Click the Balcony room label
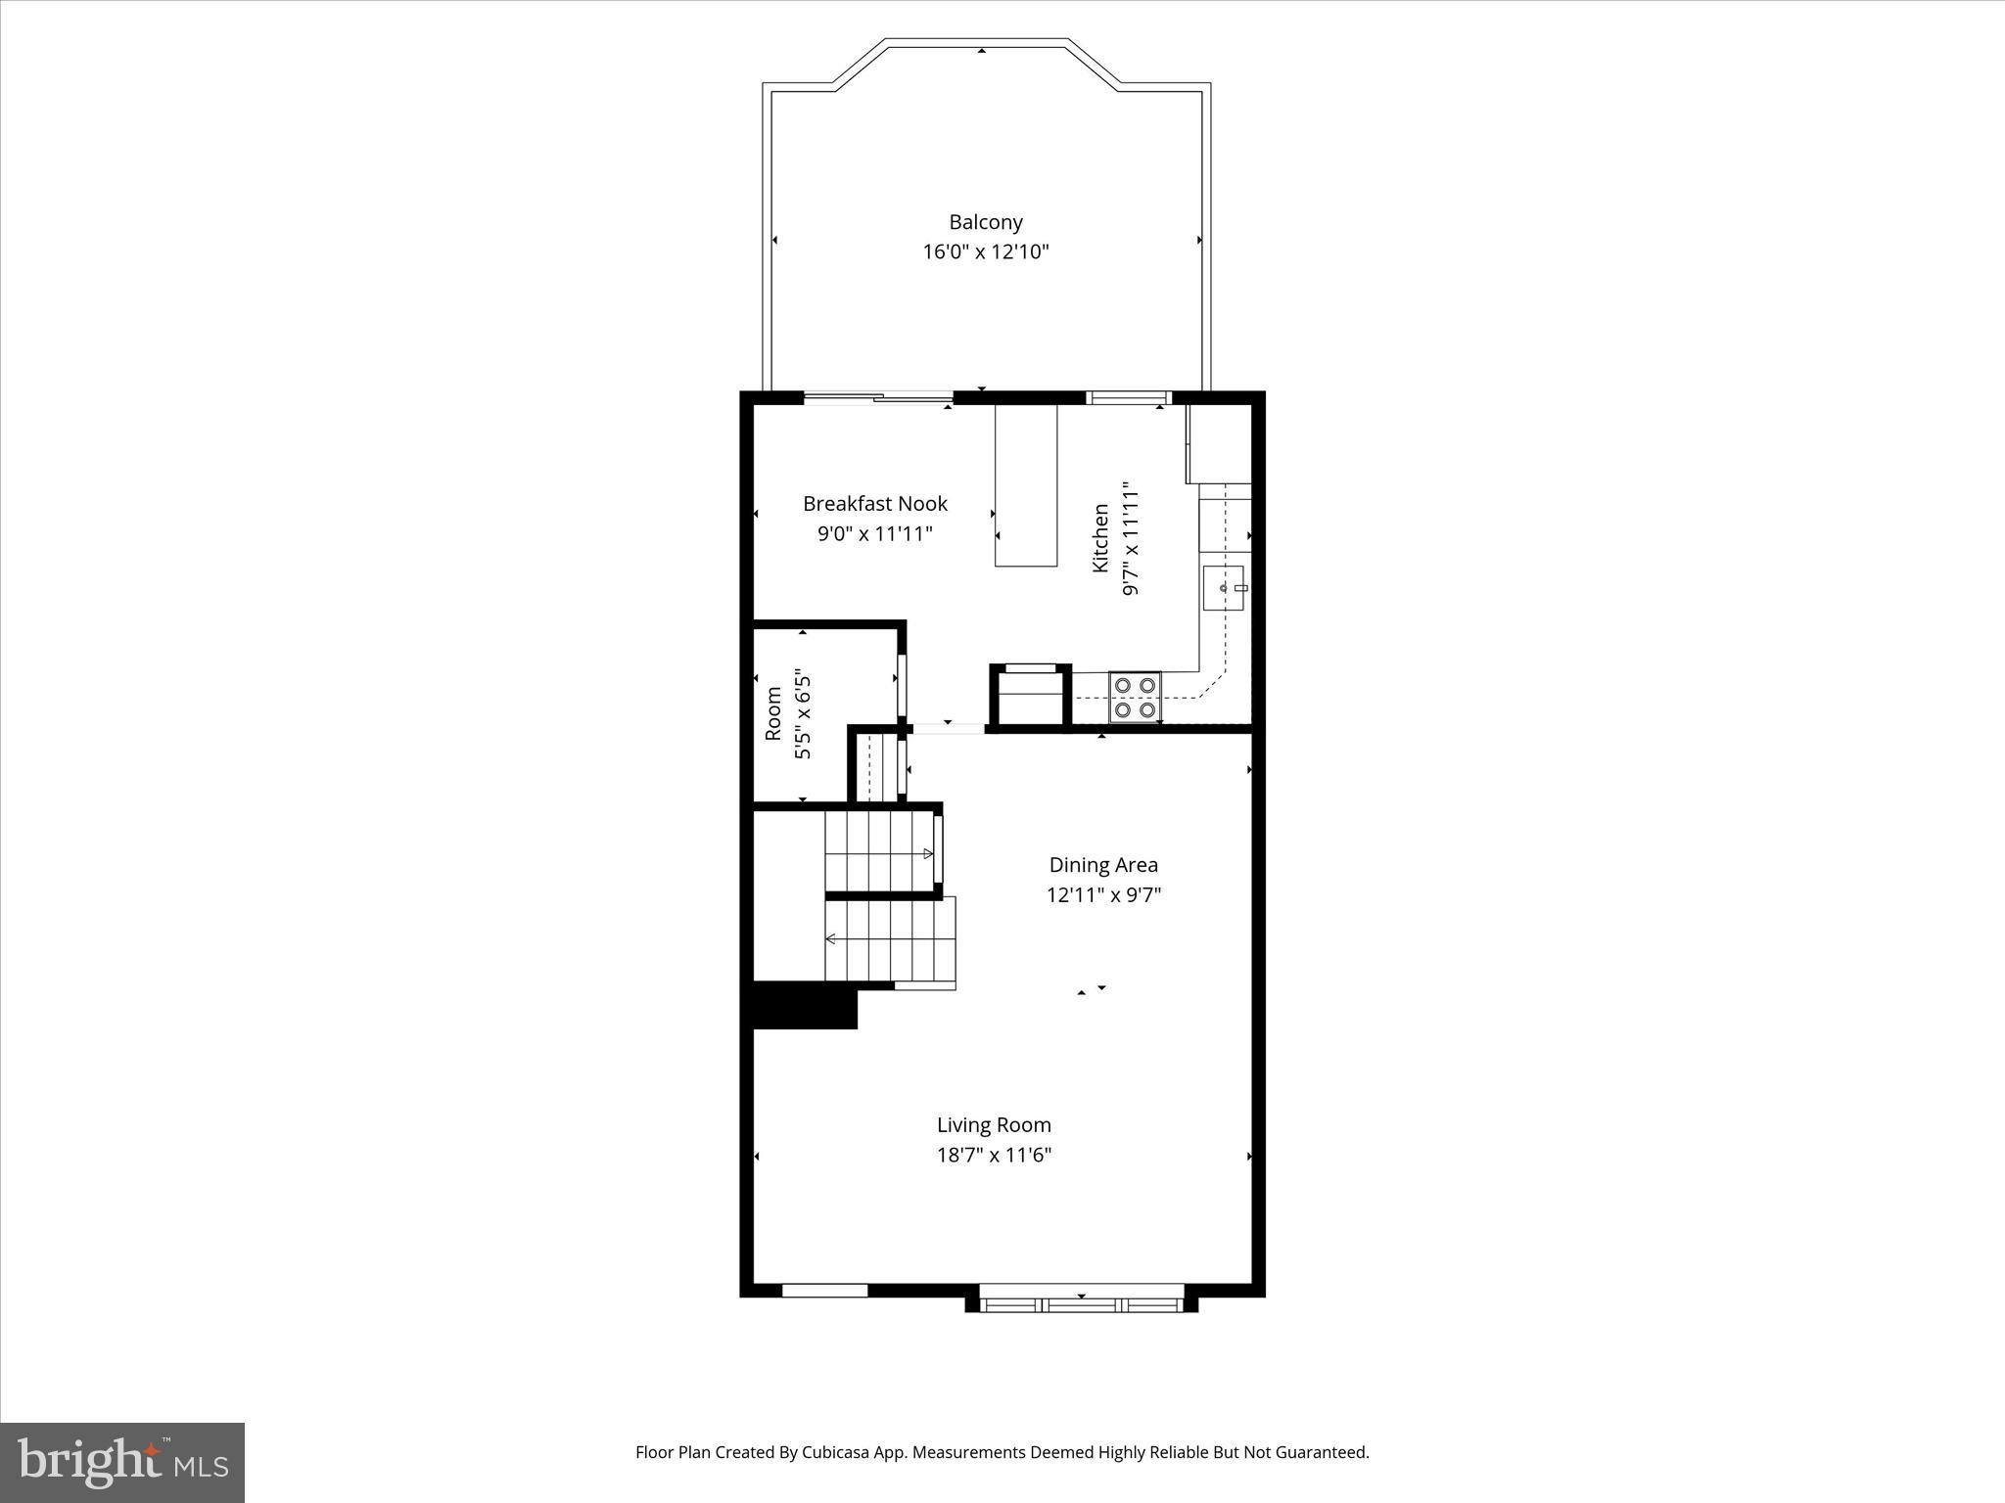985,222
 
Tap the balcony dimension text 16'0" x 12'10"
985,252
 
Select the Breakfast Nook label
874,504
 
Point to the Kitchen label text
1101,538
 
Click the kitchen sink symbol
1223,587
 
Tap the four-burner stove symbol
1134,697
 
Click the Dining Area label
1103,865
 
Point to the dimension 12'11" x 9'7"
1103,894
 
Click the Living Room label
994,1125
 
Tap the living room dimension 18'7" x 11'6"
994,1155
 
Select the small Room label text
773,713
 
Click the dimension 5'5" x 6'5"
803,713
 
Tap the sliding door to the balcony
878,397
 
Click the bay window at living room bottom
1081,1303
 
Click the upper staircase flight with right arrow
878,852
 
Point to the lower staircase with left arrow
889,940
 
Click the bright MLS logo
122,1463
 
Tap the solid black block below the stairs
804,1005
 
